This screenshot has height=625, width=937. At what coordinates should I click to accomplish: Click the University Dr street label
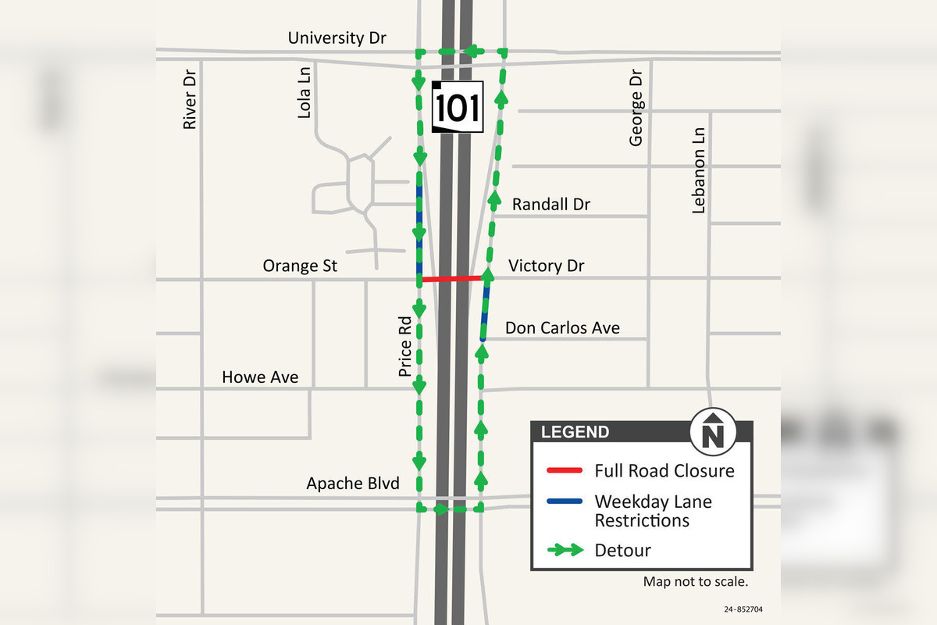tap(337, 37)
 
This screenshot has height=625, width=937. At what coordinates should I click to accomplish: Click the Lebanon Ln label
tap(699, 170)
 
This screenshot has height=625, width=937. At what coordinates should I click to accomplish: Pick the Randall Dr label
tap(550, 205)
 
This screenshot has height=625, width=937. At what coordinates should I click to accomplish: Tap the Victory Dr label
tap(546, 266)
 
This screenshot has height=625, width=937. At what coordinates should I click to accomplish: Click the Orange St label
tap(300, 266)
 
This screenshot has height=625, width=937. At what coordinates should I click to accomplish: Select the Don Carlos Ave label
tap(562, 328)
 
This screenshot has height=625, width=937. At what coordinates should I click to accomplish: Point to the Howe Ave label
tap(260, 377)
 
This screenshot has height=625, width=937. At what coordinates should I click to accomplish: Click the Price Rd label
tap(404, 346)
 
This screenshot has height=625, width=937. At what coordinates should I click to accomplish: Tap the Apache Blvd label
tap(353, 484)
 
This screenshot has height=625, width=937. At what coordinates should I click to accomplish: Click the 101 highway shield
tap(458, 107)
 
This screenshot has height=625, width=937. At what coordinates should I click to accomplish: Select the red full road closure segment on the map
tap(451, 278)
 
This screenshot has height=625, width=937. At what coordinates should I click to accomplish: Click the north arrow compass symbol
tap(712, 430)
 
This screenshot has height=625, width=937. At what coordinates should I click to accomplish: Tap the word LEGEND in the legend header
tap(575, 432)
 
